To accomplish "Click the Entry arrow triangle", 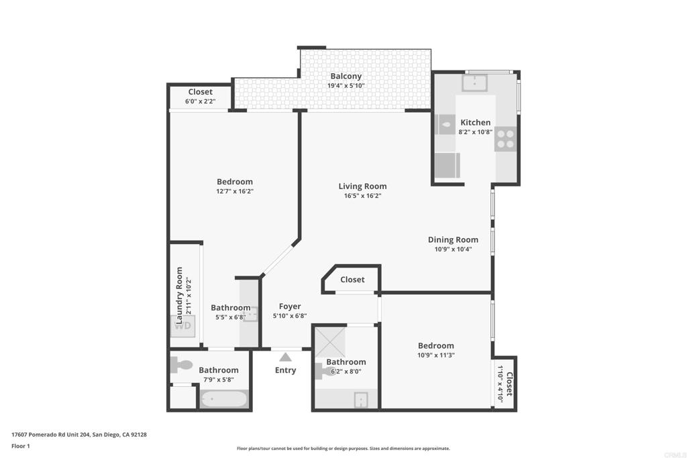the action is tap(285, 357).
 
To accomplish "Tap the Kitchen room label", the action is tap(476, 123).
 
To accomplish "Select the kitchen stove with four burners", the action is tap(506, 139).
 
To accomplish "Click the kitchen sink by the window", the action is tap(474, 82).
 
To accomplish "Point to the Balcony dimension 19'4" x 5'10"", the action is tap(346, 86).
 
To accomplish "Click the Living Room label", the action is tap(362, 186).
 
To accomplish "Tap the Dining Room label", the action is tap(453, 239).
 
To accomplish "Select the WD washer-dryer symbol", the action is tap(182, 326).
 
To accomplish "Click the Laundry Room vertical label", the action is tap(179, 296).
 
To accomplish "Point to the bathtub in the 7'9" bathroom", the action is tap(224, 400).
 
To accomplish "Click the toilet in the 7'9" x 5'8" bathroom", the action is tap(181, 364).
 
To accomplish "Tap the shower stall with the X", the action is tap(330, 342).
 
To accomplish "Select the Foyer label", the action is tap(290, 306).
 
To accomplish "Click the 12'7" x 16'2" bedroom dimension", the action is tap(235, 191).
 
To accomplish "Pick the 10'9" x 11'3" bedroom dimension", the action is tap(436, 355).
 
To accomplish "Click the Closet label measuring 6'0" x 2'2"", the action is tap(200, 92).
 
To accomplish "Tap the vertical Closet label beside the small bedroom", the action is tap(509, 384).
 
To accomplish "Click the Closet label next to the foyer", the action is tap(352, 280).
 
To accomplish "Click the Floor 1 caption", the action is tap(21, 446).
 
